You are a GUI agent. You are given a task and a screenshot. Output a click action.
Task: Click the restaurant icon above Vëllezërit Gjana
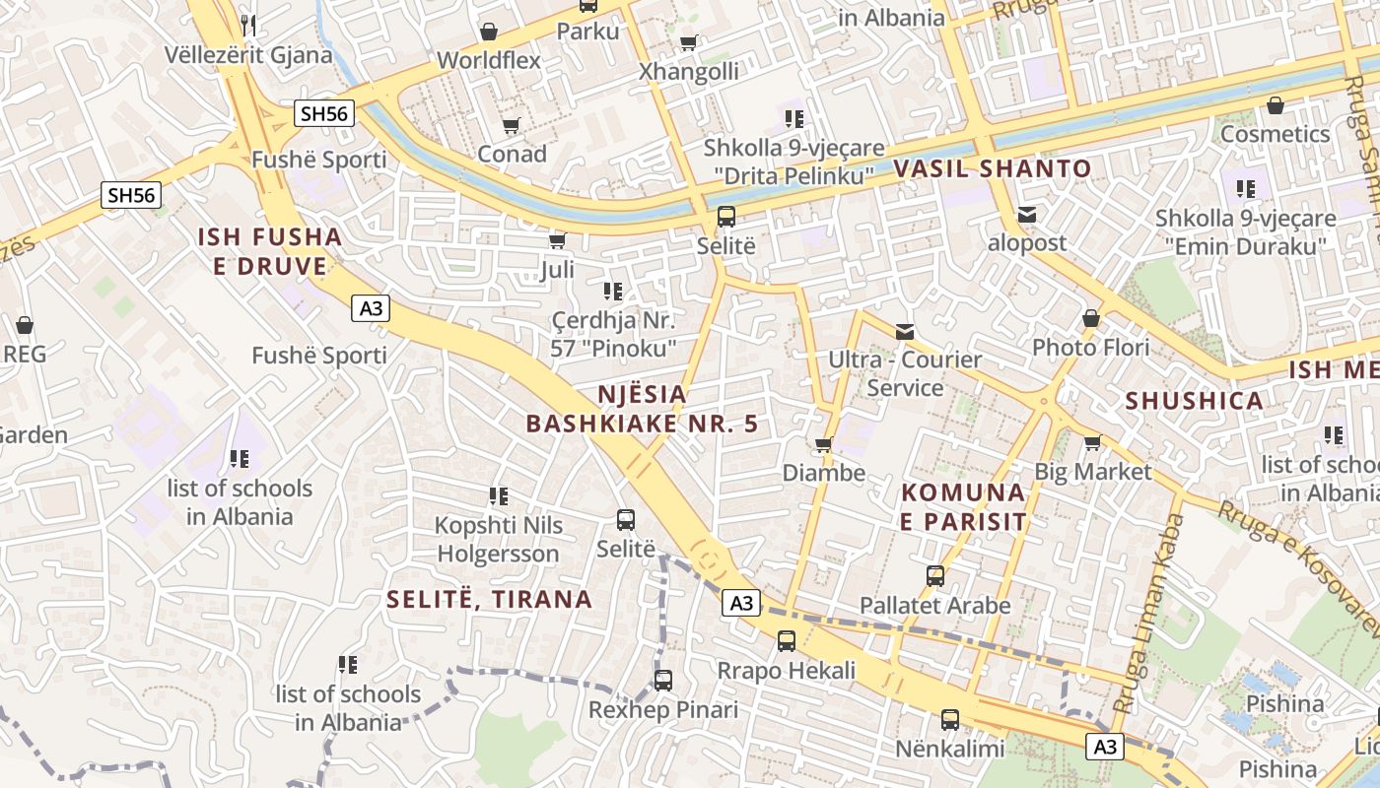(248, 24)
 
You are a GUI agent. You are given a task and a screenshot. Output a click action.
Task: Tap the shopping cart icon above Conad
(511, 125)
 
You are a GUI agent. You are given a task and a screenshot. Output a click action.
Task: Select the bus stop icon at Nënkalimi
(949, 720)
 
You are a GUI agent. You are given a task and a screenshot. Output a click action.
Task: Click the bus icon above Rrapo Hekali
(786, 641)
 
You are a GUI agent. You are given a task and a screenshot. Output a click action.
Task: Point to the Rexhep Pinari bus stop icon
(663, 680)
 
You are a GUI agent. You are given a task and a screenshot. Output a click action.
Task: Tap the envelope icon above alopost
(1027, 214)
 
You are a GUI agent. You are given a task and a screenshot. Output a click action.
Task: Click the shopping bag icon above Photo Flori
(1090, 318)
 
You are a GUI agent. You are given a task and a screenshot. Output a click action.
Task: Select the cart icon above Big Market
(1092, 442)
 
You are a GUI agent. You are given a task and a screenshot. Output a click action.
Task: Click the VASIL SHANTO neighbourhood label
(993, 168)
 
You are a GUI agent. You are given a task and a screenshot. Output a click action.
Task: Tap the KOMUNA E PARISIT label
(963, 506)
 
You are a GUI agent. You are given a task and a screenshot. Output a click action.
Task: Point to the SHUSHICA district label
(1195, 401)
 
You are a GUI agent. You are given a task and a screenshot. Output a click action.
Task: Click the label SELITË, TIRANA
(489, 599)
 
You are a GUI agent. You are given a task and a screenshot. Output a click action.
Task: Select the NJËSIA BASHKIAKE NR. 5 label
(643, 409)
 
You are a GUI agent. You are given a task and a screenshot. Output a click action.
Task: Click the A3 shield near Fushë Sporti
(371, 308)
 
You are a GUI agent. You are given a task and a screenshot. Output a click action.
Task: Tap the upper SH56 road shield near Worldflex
(324, 113)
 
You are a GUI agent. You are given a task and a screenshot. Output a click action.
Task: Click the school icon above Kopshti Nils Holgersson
(499, 495)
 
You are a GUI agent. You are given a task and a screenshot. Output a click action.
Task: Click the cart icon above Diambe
(824, 444)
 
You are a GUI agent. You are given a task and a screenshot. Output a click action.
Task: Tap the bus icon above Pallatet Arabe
(935, 575)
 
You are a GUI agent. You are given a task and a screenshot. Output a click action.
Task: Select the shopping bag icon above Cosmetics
(1275, 104)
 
